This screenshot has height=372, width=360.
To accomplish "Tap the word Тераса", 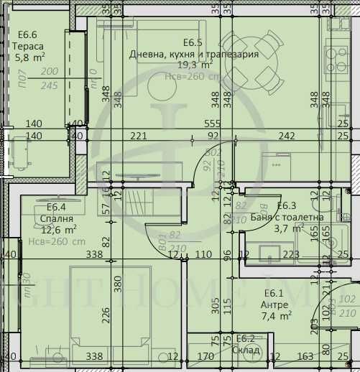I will [x=28, y=47].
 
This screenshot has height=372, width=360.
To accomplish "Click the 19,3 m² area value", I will [x=195, y=65].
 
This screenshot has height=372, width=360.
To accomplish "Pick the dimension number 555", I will [x=211, y=124].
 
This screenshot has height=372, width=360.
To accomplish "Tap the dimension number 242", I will [x=287, y=135].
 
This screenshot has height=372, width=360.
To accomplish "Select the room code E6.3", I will [x=287, y=205].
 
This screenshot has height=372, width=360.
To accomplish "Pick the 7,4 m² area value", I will [x=275, y=315].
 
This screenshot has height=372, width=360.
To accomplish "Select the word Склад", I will [x=246, y=350].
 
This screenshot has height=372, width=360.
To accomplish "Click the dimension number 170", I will [x=206, y=355].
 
